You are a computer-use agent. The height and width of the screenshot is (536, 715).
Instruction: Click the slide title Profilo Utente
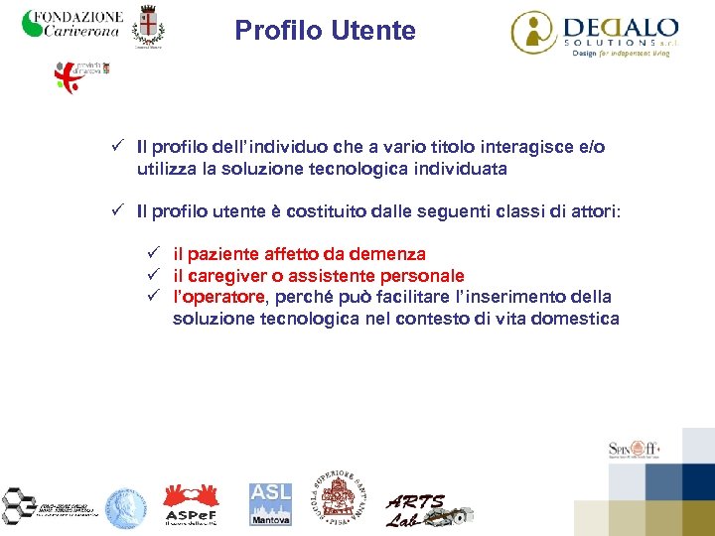(x=325, y=31)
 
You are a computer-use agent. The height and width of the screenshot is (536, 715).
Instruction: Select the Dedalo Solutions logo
(x=594, y=33)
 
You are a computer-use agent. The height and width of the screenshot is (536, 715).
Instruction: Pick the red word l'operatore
(x=218, y=297)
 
